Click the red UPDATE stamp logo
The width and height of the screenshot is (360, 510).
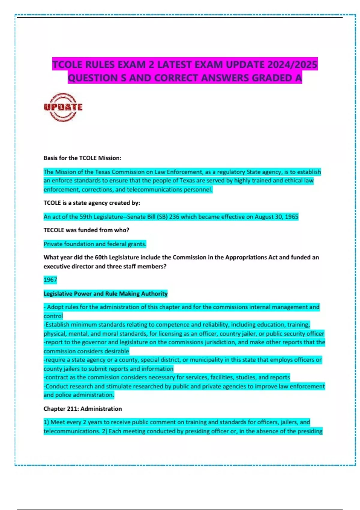click(x=63, y=107)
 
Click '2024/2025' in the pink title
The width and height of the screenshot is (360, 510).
click(x=292, y=64)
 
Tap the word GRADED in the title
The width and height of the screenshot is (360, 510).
click(x=272, y=78)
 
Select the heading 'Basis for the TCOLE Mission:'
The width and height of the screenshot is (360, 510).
click(x=82, y=158)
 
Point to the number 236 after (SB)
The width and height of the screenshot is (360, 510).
click(x=174, y=217)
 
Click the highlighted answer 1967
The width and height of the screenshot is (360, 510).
click(x=50, y=280)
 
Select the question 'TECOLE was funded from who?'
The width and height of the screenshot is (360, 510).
click(x=86, y=230)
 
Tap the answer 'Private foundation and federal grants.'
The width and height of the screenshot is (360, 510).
click(x=95, y=244)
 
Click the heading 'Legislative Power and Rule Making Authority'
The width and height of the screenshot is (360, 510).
click(x=105, y=294)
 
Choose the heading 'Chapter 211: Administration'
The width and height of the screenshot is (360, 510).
click(x=82, y=409)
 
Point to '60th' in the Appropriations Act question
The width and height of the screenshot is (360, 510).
click(x=101, y=257)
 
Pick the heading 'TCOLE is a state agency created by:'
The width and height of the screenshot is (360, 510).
click(x=92, y=203)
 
